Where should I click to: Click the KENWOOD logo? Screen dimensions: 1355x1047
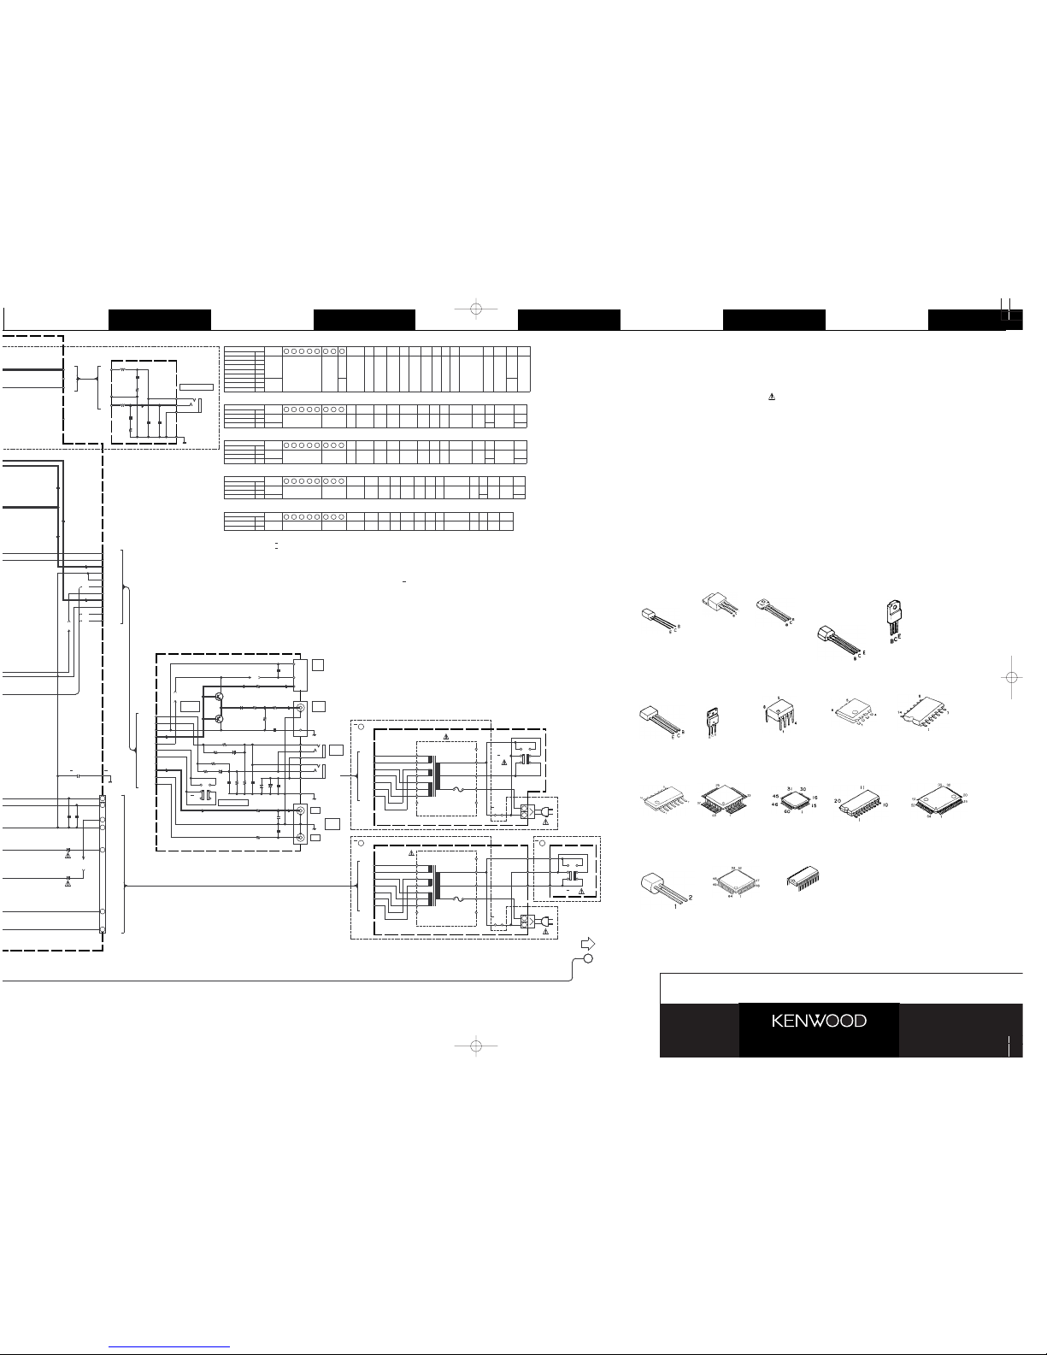pos(819,1021)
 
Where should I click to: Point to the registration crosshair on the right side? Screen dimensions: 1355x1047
pos(1011,676)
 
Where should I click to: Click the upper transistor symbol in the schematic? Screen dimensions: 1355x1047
pos(220,698)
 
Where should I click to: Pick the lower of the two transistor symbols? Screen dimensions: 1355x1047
pos(220,719)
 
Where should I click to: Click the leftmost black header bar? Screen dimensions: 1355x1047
pos(159,319)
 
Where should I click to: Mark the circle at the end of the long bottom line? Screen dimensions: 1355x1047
pos(588,958)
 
